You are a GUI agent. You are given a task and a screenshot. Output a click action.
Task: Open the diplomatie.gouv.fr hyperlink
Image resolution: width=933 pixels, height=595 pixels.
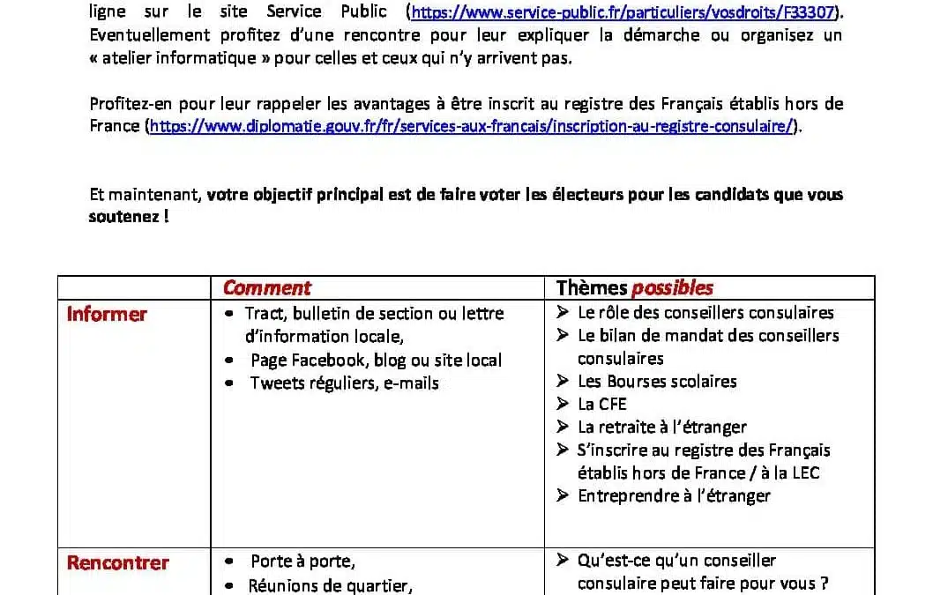(471, 126)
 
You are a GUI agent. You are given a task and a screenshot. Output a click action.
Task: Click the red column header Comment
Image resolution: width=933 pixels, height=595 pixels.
(266, 288)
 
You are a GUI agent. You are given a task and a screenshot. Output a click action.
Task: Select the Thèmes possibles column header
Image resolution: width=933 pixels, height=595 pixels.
(634, 288)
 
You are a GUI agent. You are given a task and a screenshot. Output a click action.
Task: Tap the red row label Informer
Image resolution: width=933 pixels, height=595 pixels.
(107, 314)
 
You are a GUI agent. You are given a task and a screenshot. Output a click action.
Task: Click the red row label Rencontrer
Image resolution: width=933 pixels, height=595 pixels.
(117, 562)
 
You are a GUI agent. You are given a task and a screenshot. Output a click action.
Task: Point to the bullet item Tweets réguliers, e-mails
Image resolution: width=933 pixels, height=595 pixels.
(344, 383)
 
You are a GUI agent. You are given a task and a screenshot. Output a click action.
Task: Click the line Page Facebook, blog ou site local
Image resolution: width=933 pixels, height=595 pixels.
(376, 360)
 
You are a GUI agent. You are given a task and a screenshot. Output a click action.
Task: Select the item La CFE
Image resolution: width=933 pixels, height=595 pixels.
(601, 404)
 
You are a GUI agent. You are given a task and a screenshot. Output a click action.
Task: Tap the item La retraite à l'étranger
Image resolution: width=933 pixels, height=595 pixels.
(661, 427)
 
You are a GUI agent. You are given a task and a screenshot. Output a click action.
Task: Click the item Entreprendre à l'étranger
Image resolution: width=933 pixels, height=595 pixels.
(674, 495)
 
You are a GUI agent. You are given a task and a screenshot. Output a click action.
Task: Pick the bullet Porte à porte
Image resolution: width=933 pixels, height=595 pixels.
(302, 561)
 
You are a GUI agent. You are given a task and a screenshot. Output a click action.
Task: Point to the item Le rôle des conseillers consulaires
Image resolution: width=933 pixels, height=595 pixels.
(705, 312)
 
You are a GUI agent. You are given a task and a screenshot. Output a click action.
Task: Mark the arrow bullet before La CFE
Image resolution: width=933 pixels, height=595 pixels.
(563, 404)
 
